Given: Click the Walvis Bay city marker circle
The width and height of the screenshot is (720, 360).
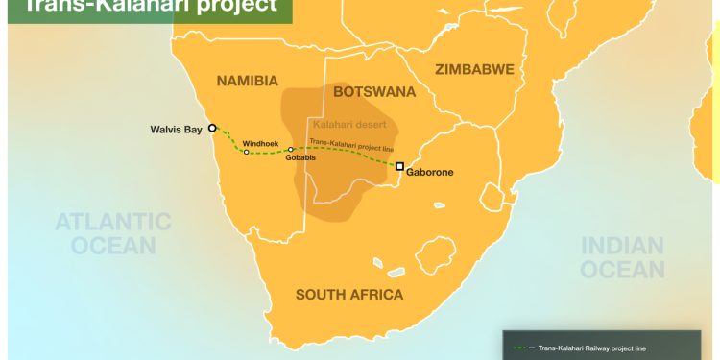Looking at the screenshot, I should [213, 127].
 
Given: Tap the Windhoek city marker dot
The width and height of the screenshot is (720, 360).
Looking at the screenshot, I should [247, 152].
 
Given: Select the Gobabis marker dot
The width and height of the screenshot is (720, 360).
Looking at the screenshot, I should [291, 149].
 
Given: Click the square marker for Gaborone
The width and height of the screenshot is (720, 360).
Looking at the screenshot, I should [400, 166].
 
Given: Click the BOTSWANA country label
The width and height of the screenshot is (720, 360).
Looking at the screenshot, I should [373, 92].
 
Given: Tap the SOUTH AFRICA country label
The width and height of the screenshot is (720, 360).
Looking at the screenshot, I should [349, 295].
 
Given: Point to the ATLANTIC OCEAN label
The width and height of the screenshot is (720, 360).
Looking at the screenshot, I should [112, 233].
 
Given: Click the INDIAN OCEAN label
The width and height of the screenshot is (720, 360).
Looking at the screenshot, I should [621, 256].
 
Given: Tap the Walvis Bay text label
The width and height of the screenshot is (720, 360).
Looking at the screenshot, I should [177, 129].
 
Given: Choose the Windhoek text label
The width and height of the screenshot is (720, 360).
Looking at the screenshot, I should [261, 141].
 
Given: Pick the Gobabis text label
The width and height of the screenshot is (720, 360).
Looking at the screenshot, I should [300, 159].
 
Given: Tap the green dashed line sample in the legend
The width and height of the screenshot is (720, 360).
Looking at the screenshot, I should [522, 348].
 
